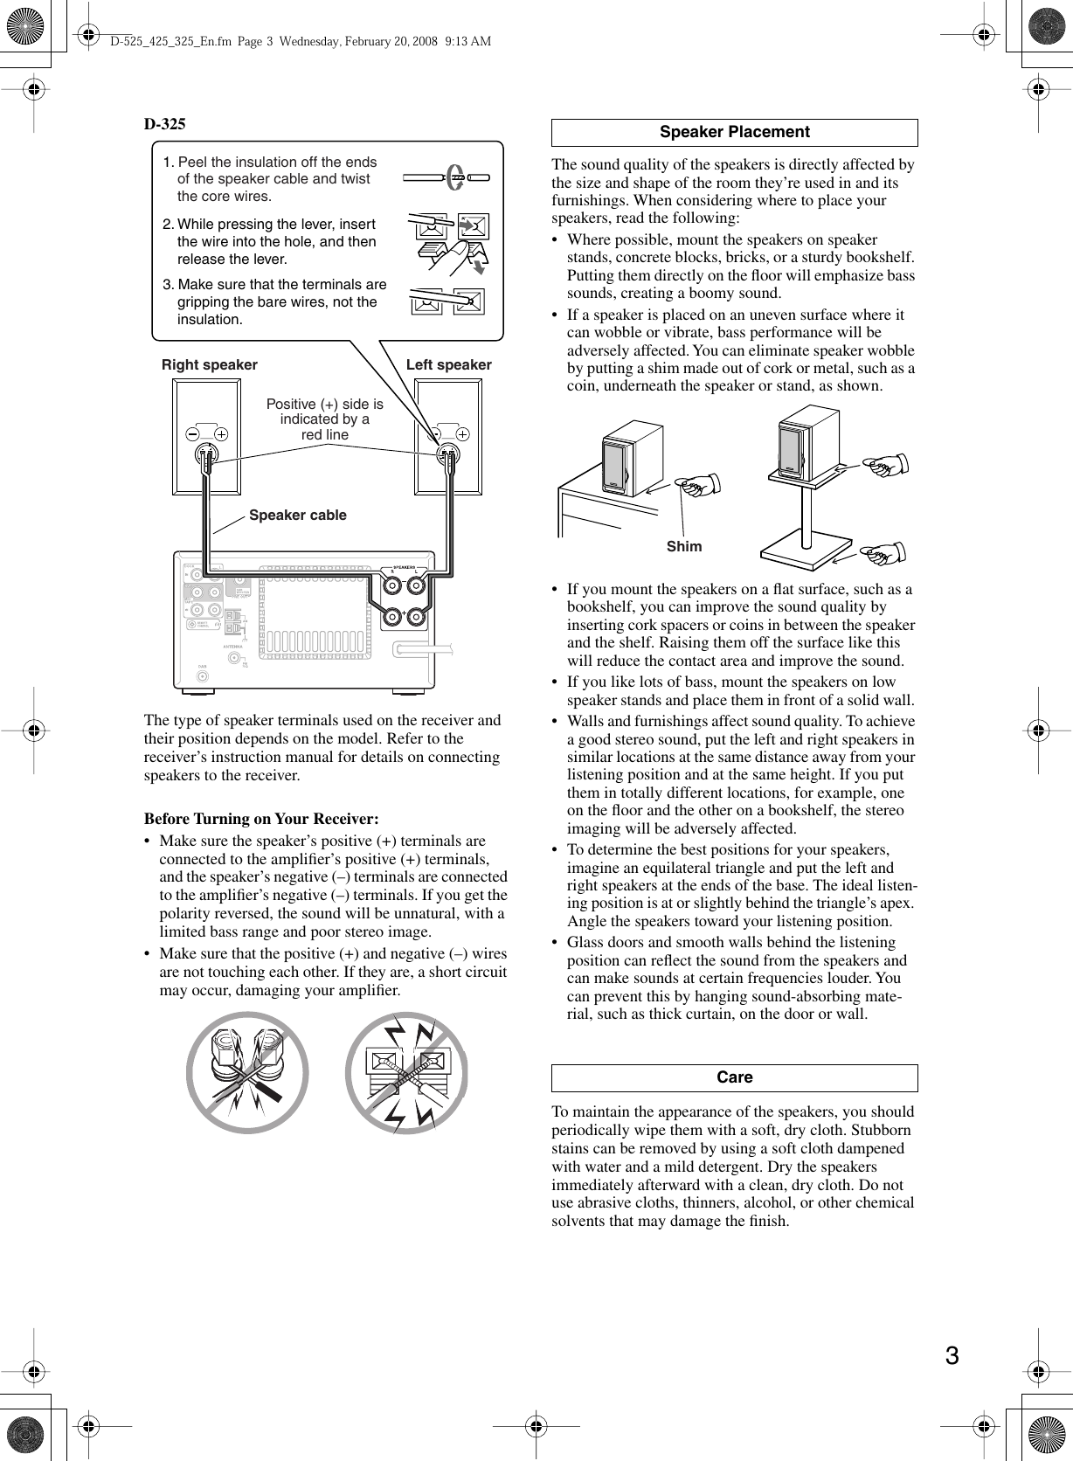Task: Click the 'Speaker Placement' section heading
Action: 734,132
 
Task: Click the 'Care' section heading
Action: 734,1077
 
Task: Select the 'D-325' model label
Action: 164,124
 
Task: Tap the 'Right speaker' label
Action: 210,364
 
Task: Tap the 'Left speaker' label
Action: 448,364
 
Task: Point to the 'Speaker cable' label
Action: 297,515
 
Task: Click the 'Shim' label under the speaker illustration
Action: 683,546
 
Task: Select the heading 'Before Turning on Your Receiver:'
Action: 260,819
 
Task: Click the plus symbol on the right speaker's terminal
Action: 222,433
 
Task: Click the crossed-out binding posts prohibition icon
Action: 247,1072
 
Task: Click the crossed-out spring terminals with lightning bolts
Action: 407,1072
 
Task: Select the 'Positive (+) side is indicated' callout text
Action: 324,419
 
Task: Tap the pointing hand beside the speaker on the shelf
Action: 699,483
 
